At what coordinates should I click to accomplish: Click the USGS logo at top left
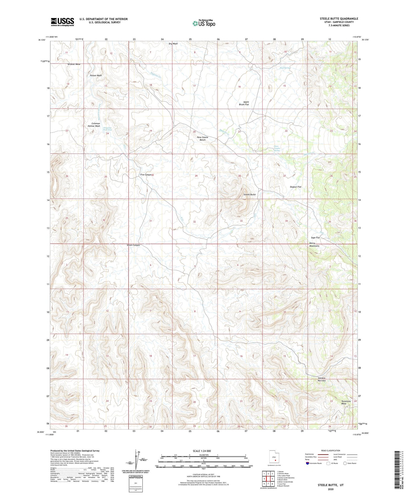click(x=62, y=22)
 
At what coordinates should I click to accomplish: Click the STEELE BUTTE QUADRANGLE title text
click(x=339, y=19)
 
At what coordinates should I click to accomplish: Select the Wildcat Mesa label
click(x=74, y=64)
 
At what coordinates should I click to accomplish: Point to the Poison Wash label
click(x=96, y=75)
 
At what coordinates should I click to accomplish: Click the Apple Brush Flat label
click(x=244, y=103)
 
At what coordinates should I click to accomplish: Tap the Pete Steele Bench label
click(x=203, y=139)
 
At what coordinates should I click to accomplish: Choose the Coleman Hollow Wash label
click(x=94, y=125)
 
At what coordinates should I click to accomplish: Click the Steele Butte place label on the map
click(x=250, y=194)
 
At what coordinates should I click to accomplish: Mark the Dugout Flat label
click(x=295, y=187)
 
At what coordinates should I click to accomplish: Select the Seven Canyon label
click(x=133, y=245)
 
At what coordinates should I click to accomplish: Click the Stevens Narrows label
click(x=321, y=379)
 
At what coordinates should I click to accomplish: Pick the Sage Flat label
click(x=315, y=238)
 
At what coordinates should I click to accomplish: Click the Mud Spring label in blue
click(x=285, y=68)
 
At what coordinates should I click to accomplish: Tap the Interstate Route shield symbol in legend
click(x=308, y=463)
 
